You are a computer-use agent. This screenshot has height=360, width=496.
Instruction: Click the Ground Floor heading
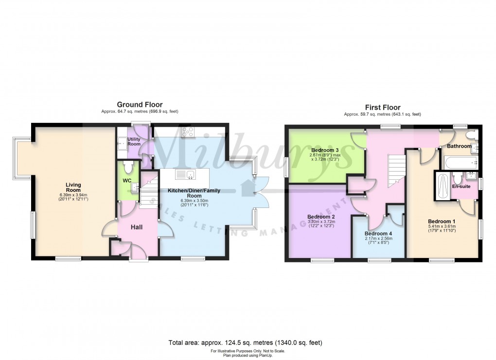140,104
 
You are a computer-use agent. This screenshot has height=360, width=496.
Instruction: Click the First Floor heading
383,107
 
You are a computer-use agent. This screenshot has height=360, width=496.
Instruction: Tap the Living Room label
73,188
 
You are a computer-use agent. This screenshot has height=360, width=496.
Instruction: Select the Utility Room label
134,141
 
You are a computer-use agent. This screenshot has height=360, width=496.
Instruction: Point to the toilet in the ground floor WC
128,168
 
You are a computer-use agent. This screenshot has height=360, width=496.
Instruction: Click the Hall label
137,227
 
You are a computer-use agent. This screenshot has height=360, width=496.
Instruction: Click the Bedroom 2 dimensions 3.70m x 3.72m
322,222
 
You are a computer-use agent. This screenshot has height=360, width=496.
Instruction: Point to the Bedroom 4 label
378,233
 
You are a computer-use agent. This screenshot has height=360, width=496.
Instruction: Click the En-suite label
461,186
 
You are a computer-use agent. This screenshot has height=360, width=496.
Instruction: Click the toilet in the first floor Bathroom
470,135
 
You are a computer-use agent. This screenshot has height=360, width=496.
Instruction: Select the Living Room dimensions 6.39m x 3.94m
73,197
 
